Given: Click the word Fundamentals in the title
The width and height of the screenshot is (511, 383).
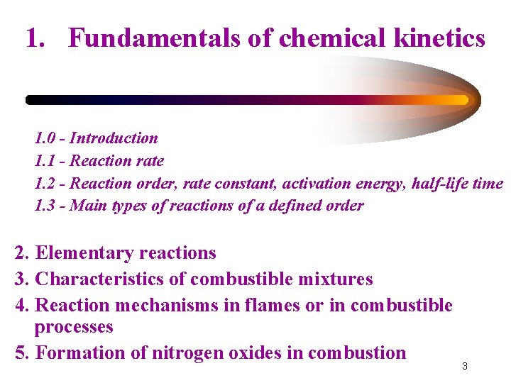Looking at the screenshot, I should pos(154,38).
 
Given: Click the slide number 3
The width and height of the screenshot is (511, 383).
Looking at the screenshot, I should pos(465,366).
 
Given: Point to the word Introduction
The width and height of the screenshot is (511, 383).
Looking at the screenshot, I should pos(114,138).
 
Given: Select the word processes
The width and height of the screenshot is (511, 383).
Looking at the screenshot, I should pos(74,327).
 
